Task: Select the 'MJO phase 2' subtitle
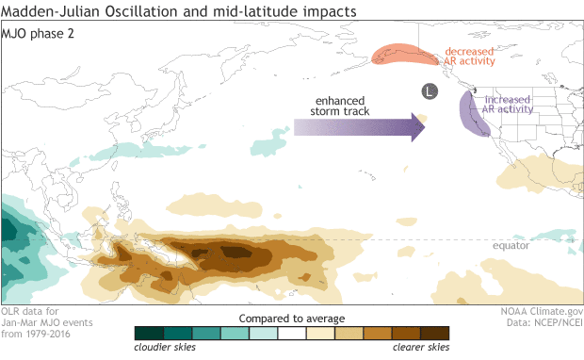click(43, 32)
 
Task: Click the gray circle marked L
click(429, 91)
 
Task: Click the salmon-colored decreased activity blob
click(407, 56)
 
